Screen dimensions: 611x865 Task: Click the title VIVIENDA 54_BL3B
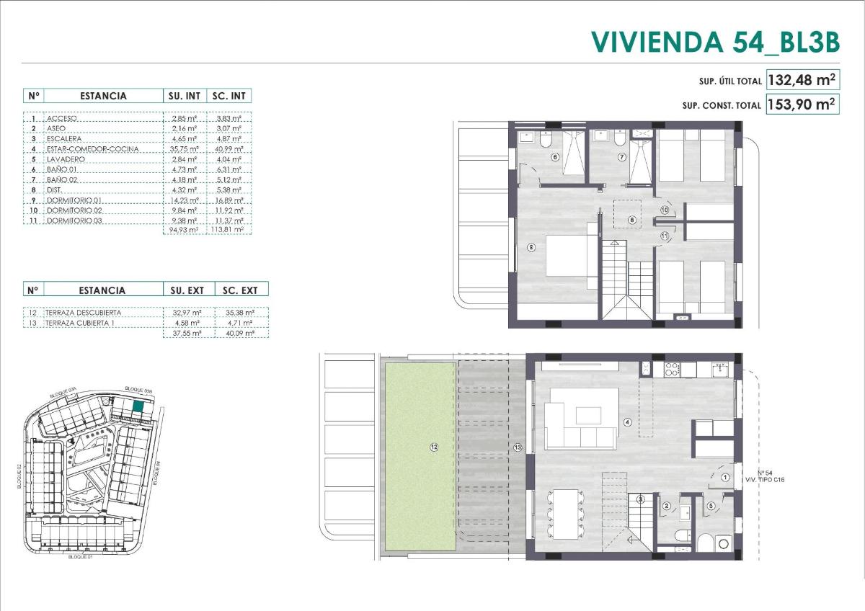[715, 42]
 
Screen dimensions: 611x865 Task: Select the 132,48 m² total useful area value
[802, 79]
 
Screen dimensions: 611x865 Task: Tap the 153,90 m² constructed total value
[802, 104]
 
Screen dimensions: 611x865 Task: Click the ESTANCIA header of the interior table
[103, 96]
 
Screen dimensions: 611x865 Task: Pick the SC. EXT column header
[240, 290]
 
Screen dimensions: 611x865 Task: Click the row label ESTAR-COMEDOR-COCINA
[92, 149]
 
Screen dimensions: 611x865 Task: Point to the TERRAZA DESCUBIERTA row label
[83, 313]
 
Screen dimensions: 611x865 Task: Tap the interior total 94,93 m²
[183, 231]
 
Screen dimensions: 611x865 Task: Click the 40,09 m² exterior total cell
[240, 334]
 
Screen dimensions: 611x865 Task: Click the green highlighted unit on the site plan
[139, 409]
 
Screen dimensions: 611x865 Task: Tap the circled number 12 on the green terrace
[434, 447]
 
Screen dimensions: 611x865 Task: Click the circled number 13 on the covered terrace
[517, 447]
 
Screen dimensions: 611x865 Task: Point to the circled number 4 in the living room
[628, 422]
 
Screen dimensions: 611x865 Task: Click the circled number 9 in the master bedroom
[531, 247]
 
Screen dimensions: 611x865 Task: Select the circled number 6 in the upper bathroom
[554, 156]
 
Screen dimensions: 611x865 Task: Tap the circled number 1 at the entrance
[725, 477]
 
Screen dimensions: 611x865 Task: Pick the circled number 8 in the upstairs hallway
[631, 220]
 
